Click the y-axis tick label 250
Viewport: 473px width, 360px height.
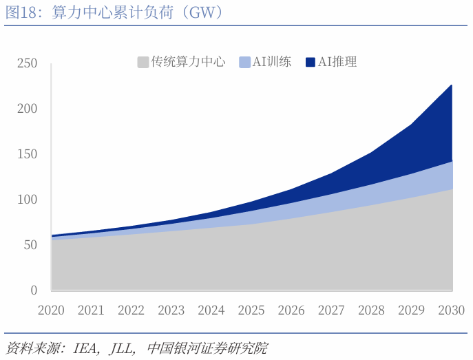[x=28, y=64]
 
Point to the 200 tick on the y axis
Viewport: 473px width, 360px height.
[x=28, y=109]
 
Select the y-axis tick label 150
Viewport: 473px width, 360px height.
[x=28, y=154]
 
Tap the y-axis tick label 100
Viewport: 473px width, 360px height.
[x=28, y=200]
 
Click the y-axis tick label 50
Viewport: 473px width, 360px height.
[x=30, y=245]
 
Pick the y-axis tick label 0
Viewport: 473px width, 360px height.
[x=34, y=290]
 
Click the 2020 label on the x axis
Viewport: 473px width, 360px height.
[x=51, y=310]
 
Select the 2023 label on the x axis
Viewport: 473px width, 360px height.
[x=171, y=310]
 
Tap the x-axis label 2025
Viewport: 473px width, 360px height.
[x=251, y=310]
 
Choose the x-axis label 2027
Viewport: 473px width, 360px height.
[x=332, y=310]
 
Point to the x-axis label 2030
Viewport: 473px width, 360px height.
[x=452, y=310]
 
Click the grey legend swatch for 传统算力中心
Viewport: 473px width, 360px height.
[x=143, y=62]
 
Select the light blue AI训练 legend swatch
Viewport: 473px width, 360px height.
[x=244, y=62]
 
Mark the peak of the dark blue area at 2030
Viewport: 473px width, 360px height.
[x=452, y=85]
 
